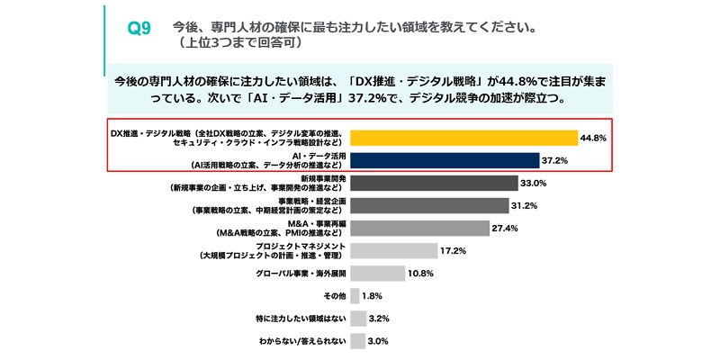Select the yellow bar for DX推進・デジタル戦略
tap(463, 138)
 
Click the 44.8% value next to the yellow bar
tap(595, 138)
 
